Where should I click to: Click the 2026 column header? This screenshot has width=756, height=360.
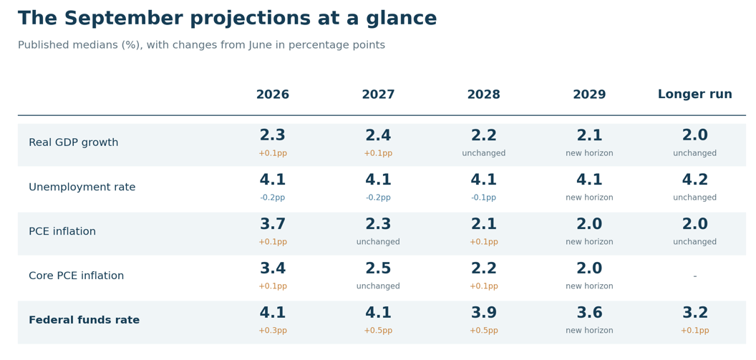[x=273, y=94]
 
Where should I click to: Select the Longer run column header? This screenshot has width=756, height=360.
[x=694, y=94]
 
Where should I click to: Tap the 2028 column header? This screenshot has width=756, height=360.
[x=483, y=94]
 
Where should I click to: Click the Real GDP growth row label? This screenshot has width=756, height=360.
[x=73, y=142]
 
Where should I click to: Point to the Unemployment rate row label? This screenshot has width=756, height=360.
[x=82, y=187]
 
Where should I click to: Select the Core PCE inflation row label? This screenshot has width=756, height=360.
[x=76, y=276]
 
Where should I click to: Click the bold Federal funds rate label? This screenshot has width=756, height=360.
[x=84, y=320]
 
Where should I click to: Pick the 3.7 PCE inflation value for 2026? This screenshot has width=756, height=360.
[x=273, y=224]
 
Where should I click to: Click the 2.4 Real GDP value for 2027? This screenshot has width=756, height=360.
[x=378, y=135]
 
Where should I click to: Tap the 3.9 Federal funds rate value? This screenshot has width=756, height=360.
[x=483, y=313]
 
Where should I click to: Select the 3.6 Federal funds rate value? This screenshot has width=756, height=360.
[x=589, y=313]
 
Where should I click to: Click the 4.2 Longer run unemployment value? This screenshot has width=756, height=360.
[x=694, y=180]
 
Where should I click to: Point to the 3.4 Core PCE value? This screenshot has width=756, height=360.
[x=273, y=268]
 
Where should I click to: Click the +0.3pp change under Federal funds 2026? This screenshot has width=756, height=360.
[x=273, y=331]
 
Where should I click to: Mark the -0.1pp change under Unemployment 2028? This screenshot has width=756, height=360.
[x=483, y=198]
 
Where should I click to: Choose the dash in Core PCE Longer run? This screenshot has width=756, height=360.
[x=694, y=276]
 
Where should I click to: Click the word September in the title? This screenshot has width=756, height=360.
[x=122, y=19]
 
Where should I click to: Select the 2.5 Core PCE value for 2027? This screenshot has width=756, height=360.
[x=378, y=268]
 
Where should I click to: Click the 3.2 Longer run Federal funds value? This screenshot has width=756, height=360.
[x=694, y=313]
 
